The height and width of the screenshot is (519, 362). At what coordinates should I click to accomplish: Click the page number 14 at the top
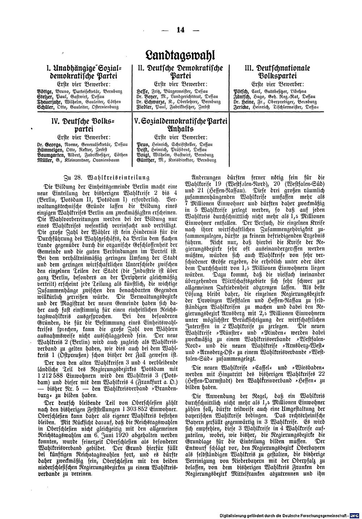coord(180,30)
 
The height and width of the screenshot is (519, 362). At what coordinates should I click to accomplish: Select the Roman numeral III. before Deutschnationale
coord(250,68)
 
